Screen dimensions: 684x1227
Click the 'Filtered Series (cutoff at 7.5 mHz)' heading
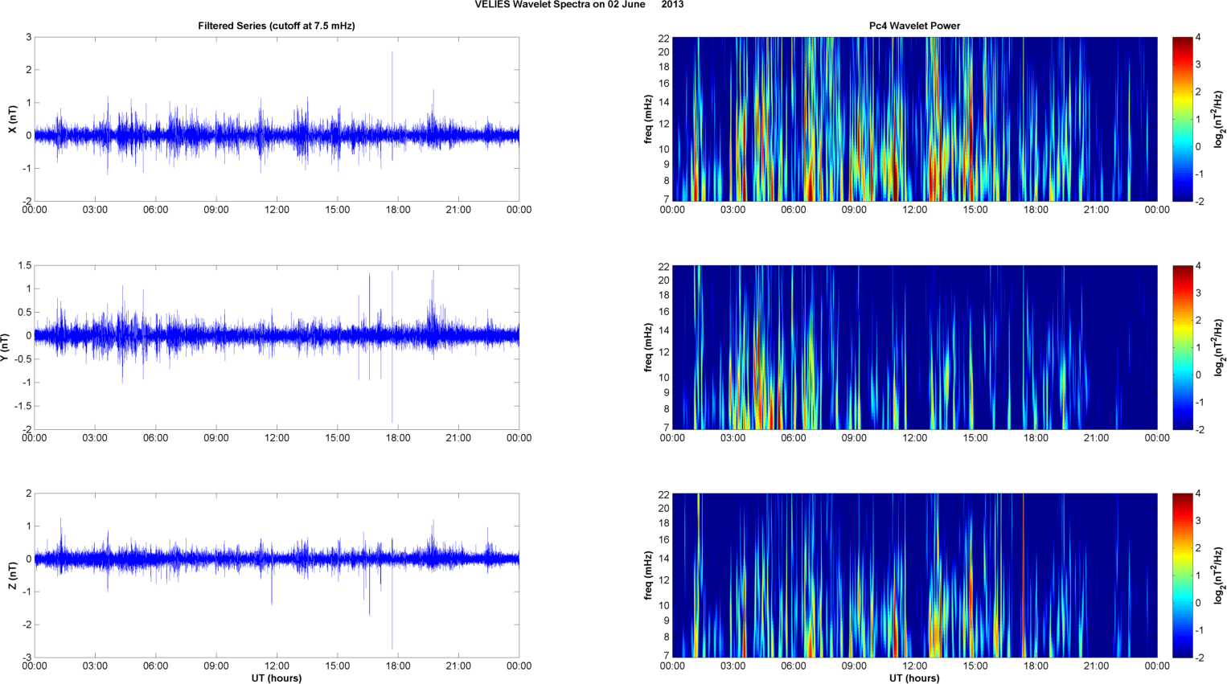pos(276,26)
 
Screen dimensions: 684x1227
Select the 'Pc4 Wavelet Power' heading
pos(914,26)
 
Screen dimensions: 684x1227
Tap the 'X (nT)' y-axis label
pos(12,119)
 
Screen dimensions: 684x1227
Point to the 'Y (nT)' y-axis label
pos(6,346)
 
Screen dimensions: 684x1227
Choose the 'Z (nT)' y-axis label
pos(12,575)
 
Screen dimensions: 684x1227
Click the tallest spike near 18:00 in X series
pos(392,53)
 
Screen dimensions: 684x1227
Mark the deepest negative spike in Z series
pos(392,648)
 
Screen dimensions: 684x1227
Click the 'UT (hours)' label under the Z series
pos(276,678)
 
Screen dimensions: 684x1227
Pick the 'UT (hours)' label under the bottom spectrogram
pos(914,678)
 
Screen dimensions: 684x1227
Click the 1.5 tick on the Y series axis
pos(24,265)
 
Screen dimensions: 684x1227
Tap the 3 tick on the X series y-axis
pos(28,37)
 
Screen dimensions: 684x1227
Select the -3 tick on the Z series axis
pos(27,657)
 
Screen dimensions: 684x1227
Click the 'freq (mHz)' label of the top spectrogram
pos(648,119)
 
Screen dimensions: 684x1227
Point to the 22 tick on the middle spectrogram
pos(664,265)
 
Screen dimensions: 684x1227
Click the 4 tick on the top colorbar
pos(1198,38)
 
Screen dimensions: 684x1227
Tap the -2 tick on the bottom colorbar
pos(1199,657)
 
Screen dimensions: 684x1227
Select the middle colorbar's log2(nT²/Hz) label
pos(1219,346)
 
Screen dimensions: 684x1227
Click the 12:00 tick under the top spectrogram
pos(914,210)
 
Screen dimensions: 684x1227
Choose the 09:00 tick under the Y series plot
pos(215,438)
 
